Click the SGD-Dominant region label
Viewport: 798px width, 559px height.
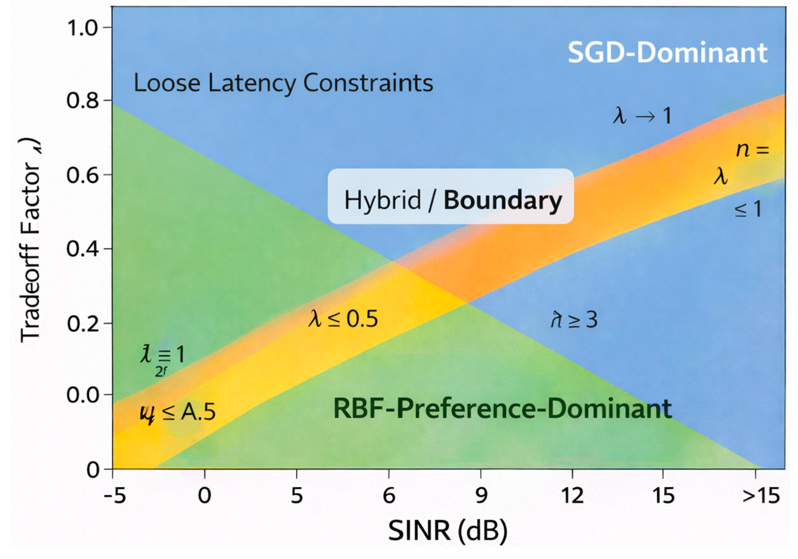pos(667,53)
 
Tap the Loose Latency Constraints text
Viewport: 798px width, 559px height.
pos(283,83)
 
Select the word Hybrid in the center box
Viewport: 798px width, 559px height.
pos(382,201)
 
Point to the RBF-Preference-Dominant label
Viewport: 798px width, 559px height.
pos(502,409)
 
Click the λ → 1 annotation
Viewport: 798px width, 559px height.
pos(642,116)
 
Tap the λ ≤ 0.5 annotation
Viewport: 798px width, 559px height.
pos(343,319)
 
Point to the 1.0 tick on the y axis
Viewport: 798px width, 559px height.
pos(83,28)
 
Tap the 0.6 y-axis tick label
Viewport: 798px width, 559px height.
pos(83,175)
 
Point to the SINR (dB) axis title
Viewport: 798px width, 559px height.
pos(448,531)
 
